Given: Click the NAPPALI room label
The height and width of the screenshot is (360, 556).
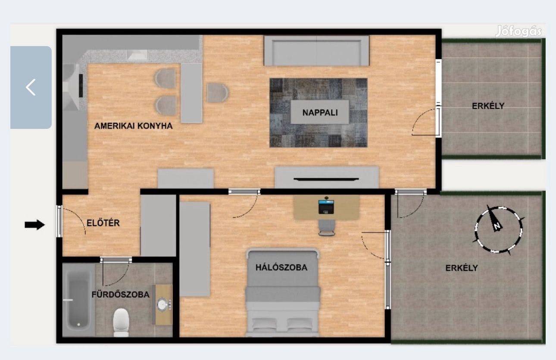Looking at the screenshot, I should pos(319,113).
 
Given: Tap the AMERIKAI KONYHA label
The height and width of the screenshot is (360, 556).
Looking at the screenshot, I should pos(134,126).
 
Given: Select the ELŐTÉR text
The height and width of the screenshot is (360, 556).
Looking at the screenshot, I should pos(103,223).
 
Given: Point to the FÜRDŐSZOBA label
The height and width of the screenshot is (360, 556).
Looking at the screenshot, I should pos(121,295).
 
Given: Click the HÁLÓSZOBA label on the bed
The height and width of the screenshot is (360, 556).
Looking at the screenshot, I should pos(281,267).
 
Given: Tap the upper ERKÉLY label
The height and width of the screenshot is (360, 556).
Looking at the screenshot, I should pos(488,106).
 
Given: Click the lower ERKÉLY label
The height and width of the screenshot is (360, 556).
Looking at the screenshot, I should pos(462,268).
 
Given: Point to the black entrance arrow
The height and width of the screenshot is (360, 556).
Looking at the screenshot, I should pos(35,224).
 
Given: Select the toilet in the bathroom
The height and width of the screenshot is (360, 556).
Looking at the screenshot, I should pos(121,322).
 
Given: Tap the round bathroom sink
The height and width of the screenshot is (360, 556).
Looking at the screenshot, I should pos(162,304).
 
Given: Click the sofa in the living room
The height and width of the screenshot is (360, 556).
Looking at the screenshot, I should pos(316,51).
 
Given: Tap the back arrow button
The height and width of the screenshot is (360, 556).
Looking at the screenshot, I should pos(31,87).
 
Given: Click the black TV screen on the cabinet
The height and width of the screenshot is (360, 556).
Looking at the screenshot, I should pos(326,178).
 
